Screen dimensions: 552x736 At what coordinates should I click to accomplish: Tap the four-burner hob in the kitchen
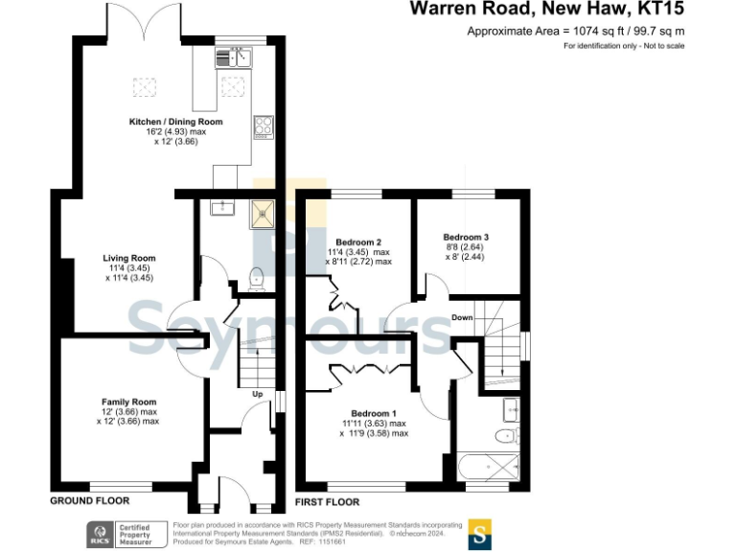point(264,126)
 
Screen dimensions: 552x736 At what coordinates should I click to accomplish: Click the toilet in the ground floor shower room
point(256,278)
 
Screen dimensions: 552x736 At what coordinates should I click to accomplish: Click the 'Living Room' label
point(129,258)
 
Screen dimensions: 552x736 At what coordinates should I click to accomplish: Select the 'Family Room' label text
point(129,402)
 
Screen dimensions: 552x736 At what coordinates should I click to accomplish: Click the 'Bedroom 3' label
point(466,237)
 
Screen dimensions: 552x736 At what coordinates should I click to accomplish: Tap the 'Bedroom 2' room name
point(359,241)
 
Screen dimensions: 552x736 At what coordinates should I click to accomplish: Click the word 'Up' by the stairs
point(257,394)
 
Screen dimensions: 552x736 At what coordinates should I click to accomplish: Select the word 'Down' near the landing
point(462,317)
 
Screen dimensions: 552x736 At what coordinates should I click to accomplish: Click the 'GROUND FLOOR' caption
point(89,501)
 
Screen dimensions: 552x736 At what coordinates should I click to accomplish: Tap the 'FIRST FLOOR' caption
point(328,501)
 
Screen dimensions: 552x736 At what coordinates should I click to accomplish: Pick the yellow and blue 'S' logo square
point(480,534)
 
